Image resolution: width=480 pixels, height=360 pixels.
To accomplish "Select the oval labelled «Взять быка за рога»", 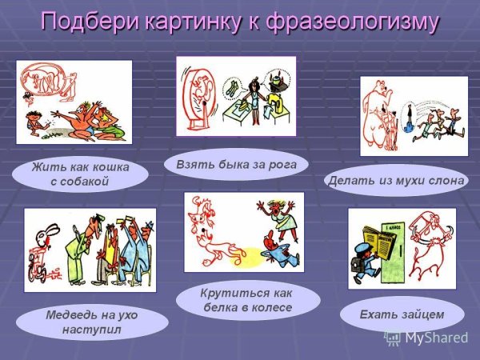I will tap(236, 165).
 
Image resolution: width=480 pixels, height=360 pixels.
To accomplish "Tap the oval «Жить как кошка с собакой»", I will tap(80, 174).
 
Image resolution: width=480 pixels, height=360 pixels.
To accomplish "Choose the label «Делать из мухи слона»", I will tap(397, 180).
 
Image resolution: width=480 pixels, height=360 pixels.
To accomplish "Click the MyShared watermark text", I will tap(436, 337).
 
